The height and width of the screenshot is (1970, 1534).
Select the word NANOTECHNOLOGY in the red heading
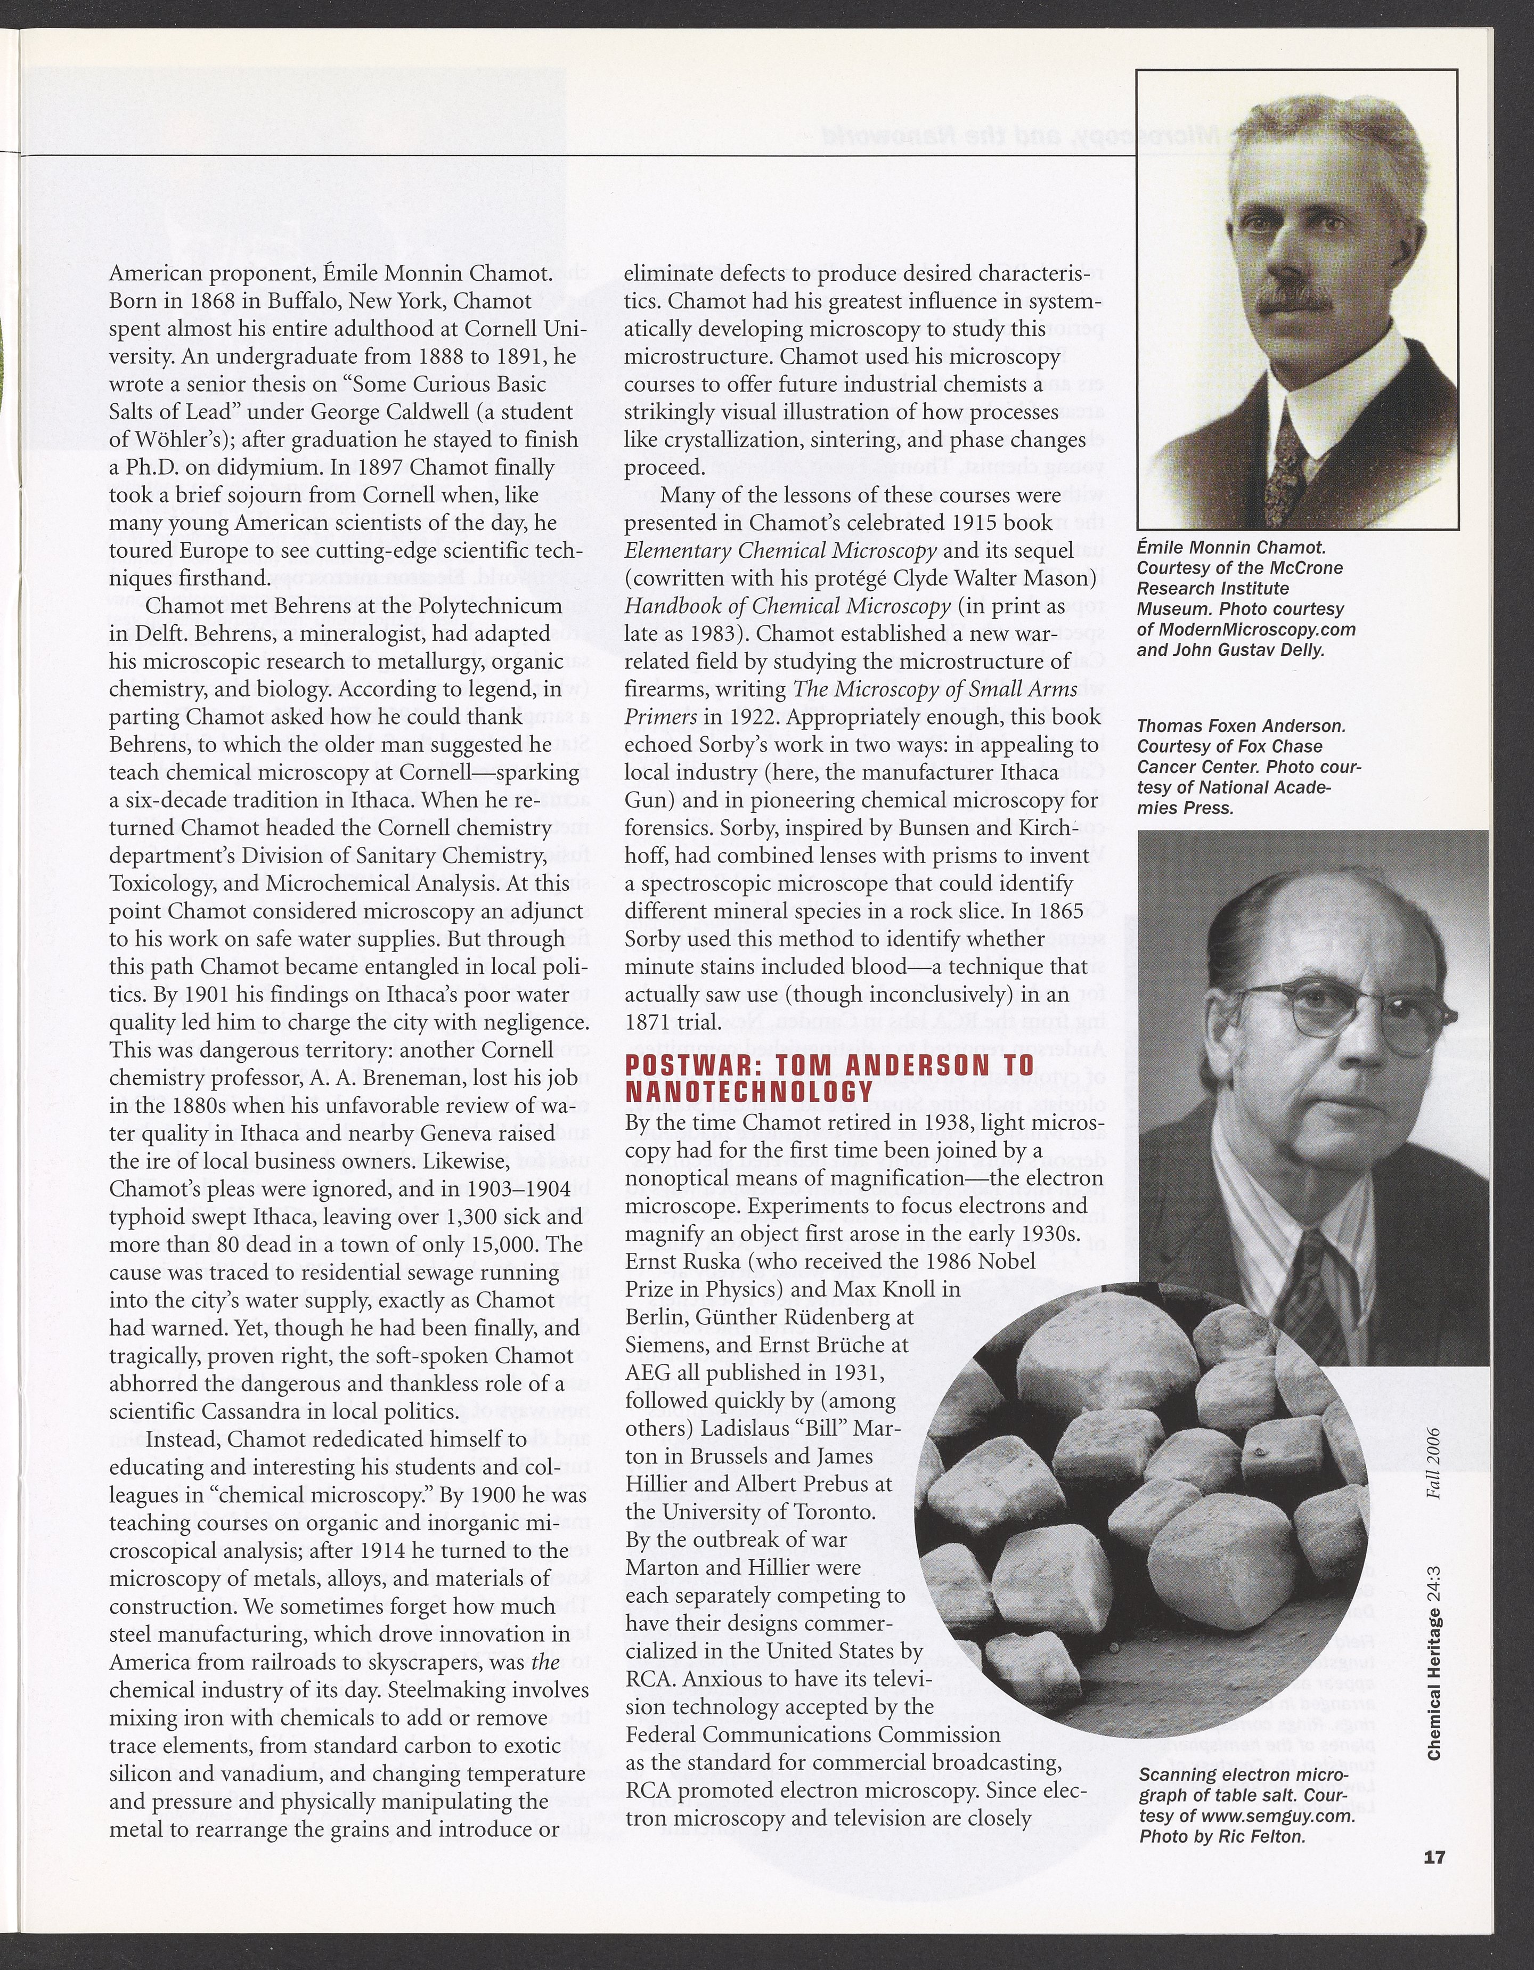click(x=749, y=1092)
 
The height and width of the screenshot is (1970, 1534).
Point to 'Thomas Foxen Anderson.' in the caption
click(x=1242, y=726)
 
